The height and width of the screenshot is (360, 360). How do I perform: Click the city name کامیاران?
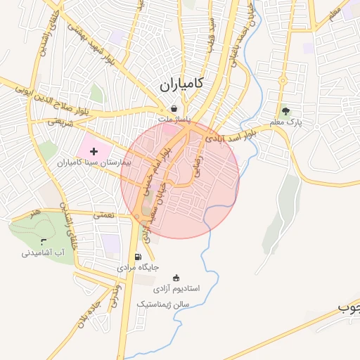(180, 84)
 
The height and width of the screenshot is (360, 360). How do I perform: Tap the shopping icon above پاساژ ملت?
(174, 110)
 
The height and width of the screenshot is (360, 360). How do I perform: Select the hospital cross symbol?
(94, 151)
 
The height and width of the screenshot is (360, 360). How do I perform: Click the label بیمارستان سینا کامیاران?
(91, 162)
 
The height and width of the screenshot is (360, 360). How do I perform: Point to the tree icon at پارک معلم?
(285, 110)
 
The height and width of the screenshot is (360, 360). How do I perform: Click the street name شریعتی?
(60, 121)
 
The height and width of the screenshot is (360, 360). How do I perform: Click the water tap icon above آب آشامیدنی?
(44, 242)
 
